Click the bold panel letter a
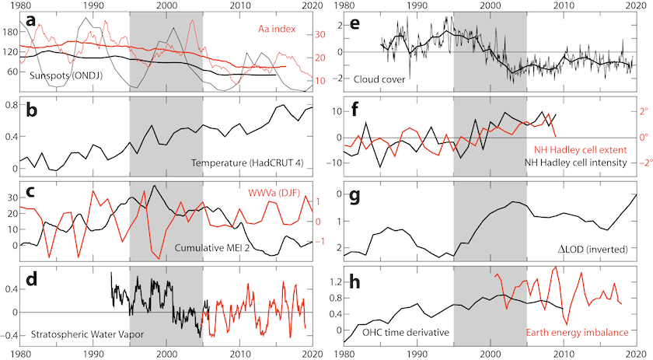pyautogui.click(x=30, y=21)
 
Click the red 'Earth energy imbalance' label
pyautogui.click(x=578, y=333)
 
